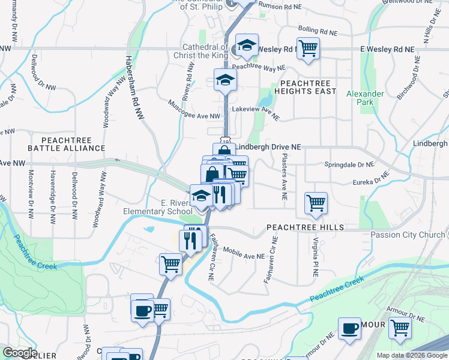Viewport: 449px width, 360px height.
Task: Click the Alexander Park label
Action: (364, 98)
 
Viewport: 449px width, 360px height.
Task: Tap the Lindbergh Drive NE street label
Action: (268, 146)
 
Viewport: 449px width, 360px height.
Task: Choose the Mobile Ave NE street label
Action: (244, 254)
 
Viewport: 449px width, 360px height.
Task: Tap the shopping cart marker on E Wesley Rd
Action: (308, 47)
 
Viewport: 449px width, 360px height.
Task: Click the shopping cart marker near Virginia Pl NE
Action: (315, 202)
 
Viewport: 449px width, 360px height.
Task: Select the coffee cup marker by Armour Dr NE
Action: (350, 329)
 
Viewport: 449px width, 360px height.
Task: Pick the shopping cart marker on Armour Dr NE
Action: (399, 328)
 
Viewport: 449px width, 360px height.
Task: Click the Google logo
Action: (20, 353)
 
